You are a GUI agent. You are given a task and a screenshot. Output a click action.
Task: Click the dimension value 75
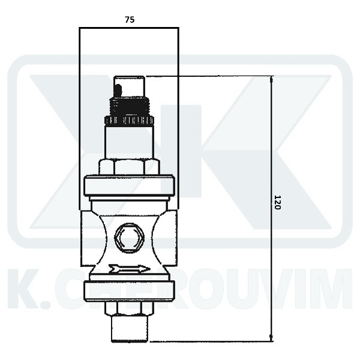tap(130, 20)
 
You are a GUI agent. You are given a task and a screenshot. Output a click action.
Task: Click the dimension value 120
tap(277, 202)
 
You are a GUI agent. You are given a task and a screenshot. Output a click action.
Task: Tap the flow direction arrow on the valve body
tap(129, 269)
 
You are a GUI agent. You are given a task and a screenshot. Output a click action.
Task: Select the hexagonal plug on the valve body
tap(129, 238)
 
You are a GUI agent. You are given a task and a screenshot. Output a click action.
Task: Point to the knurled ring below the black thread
tap(129, 121)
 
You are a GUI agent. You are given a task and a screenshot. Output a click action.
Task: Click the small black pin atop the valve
tap(118, 91)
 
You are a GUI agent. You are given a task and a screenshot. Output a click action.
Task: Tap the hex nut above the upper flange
tap(129, 167)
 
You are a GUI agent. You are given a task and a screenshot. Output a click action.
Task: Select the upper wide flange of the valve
tap(129, 185)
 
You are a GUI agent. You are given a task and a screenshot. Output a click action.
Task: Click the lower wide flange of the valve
tap(129, 290)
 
